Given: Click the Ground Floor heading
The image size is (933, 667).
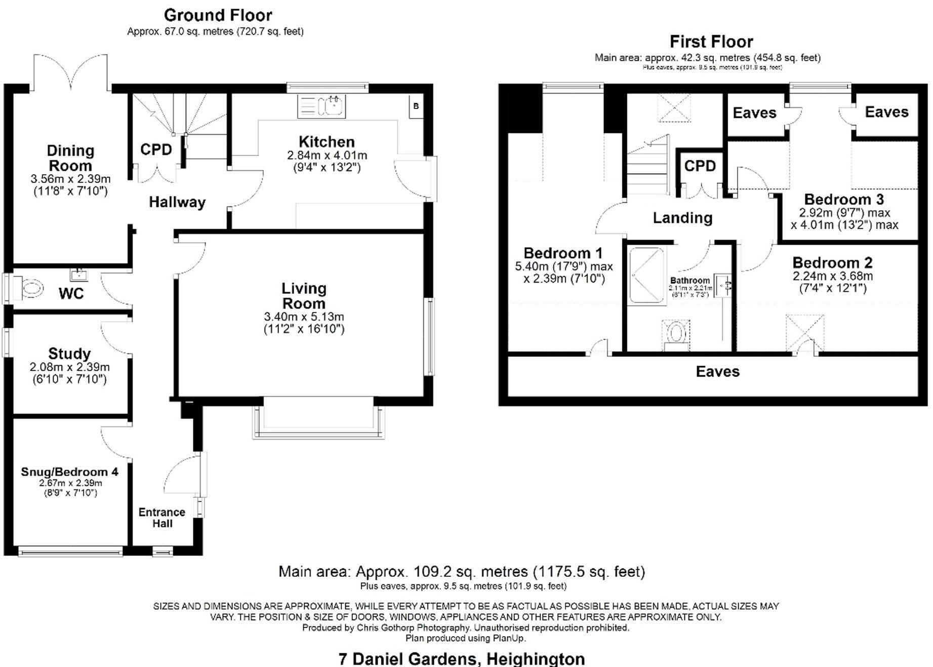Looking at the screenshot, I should (218, 15).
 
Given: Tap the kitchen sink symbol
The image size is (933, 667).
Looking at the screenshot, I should (333, 106).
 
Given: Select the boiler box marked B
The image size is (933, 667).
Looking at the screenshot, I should (416, 106).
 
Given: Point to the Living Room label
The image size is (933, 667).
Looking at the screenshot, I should (304, 296).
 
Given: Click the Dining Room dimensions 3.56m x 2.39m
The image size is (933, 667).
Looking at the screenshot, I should (70, 179).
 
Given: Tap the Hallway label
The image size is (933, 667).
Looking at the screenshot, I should (177, 203).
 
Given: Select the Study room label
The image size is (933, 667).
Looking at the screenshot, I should (69, 353).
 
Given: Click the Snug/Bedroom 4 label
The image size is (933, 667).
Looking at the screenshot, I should (69, 472).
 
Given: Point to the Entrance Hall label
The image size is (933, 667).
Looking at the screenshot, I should (162, 518).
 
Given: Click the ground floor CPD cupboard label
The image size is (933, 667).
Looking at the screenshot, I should (156, 149).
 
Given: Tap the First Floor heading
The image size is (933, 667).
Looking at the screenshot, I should (711, 42).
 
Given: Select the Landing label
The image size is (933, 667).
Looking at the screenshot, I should (682, 218).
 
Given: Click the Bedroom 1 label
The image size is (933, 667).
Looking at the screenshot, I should (563, 253).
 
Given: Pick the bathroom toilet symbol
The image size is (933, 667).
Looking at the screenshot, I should (676, 334).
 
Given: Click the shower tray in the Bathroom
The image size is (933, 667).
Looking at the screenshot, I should (646, 276).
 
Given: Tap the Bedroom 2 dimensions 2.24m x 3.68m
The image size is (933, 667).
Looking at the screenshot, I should (832, 277).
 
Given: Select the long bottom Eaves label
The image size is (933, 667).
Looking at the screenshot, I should (717, 372).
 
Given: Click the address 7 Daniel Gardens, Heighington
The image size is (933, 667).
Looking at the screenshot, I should (461, 659).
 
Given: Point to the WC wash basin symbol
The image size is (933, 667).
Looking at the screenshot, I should (79, 275).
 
